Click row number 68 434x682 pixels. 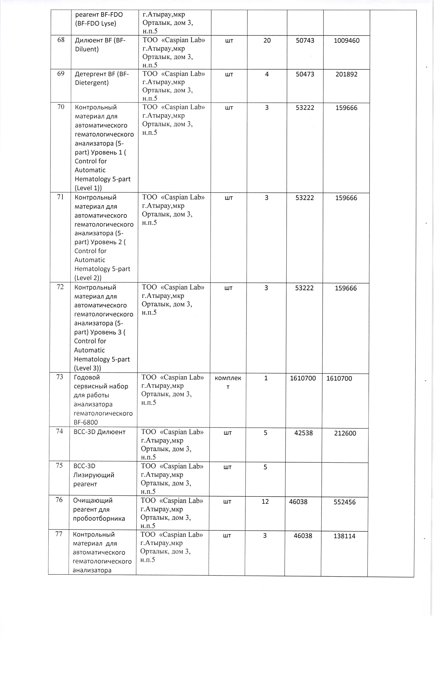coord(61,40)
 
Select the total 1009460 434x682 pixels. coord(346,40)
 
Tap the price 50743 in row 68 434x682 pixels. coord(305,40)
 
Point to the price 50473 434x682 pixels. coord(305,74)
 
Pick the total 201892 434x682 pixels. coord(346,74)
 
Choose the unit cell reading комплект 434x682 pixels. coord(228,382)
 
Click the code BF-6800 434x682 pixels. coord(86,422)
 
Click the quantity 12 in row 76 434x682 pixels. coord(265,502)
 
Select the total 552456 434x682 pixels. coord(344,502)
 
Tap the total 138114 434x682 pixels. coord(344,536)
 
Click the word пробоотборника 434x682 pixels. coord(99,519)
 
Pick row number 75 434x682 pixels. coord(59,466)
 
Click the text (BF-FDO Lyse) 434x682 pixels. coord(96,23)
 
